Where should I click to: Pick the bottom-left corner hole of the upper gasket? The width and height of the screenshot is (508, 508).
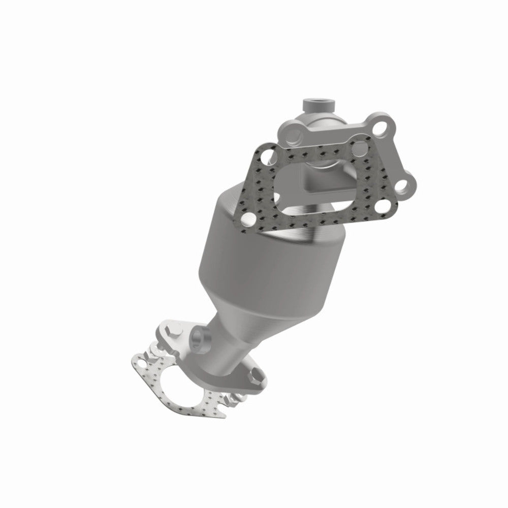click(x=248, y=219)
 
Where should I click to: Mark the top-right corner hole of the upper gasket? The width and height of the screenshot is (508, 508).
click(x=360, y=148)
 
